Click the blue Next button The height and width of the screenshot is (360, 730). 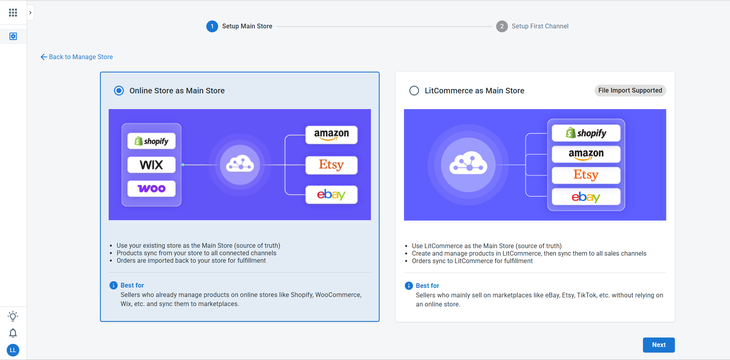(x=659, y=345)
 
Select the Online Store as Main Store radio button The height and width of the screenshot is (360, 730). (x=119, y=91)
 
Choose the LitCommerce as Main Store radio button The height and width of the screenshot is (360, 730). (x=414, y=91)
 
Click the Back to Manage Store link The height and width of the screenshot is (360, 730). (x=77, y=57)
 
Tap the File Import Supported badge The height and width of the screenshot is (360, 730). (x=630, y=90)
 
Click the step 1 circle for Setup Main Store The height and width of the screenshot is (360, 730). (x=212, y=26)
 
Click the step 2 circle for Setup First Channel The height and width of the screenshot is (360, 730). (x=502, y=26)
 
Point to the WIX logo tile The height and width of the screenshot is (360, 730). (x=152, y=165)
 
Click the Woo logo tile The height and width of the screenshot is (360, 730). (x=152, y=189)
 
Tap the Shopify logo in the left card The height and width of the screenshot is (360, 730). (x=152, y=141)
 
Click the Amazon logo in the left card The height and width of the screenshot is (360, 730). (x=332, y=135)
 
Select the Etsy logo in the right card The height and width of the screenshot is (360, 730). (x=586, y=175)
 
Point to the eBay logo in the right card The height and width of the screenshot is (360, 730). (x=586, y=197)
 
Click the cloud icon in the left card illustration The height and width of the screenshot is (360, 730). (x=240, y=164)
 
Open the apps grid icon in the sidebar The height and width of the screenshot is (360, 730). (x=13, y=13)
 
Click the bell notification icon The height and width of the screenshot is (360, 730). (x=13, y=333)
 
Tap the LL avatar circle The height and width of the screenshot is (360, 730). (x=13, y=350)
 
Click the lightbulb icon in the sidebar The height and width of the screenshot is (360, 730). (x=13, y=316)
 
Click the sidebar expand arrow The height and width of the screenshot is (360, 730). (x=30, y=13)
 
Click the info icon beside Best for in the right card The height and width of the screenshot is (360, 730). (x=409, y=286)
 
